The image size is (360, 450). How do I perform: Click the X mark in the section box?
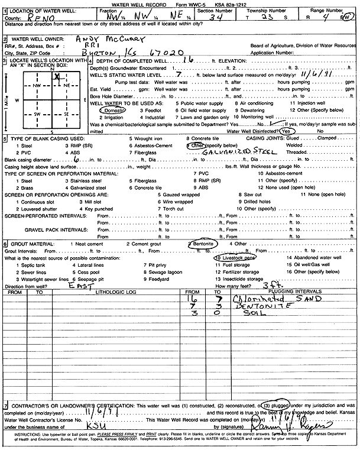57,76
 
